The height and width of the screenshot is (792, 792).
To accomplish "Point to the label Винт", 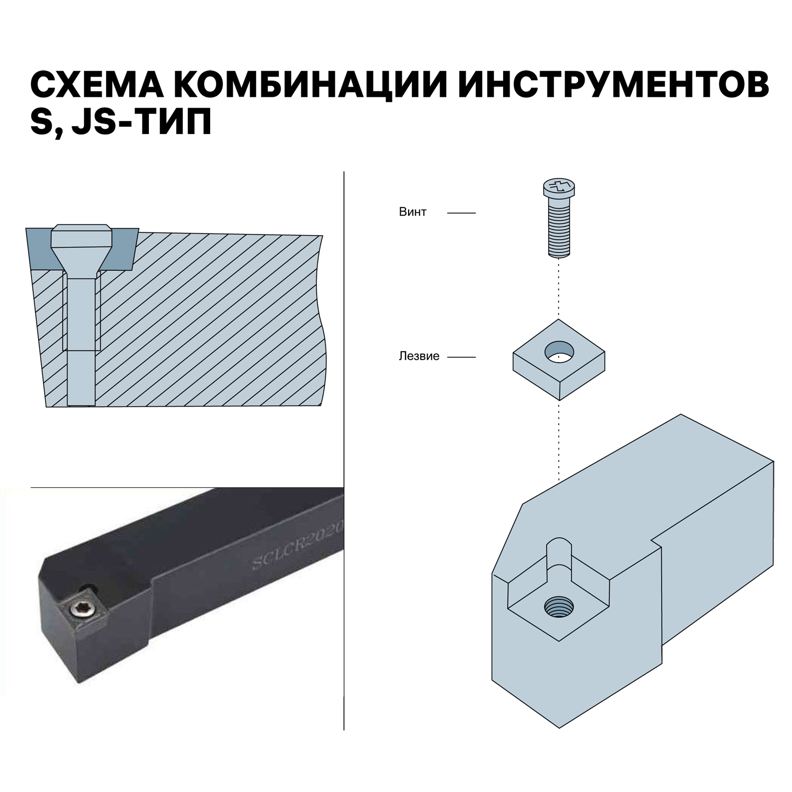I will tap(412, 212).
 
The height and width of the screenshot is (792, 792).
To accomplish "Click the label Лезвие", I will tap(419, 356).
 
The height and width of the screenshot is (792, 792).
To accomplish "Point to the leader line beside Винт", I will tap(461, 213).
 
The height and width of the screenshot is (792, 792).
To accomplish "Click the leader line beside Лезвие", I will tap(461, 357).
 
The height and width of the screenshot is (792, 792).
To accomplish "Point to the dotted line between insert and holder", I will tap(559, 438).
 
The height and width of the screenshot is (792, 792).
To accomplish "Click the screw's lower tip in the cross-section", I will tap(81, 399).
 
